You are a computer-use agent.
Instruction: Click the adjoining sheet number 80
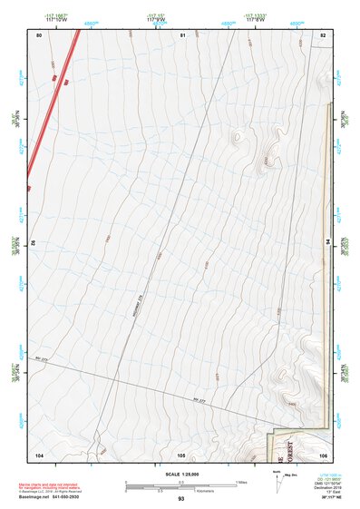point(39,34)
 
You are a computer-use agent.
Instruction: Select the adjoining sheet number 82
point(322,34)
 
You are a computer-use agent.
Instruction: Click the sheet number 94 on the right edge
point(326,242)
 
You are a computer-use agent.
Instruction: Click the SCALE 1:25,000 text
point(180,474)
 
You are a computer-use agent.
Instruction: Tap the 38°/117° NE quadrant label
point(320,499)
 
